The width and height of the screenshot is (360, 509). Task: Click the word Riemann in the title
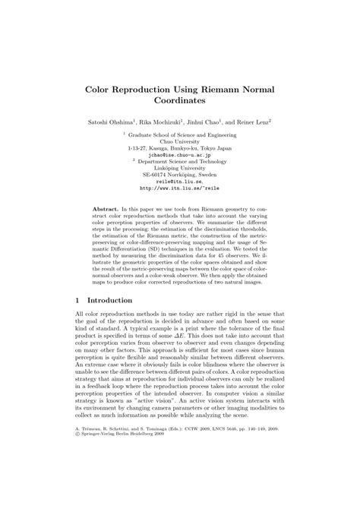pyautogui.click(x=216, y=90)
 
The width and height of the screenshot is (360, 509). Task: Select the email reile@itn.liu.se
pyautogui.click(x=180, y=182)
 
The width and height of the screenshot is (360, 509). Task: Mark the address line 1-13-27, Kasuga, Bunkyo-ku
pyautogui.click(x=180, y=148)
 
